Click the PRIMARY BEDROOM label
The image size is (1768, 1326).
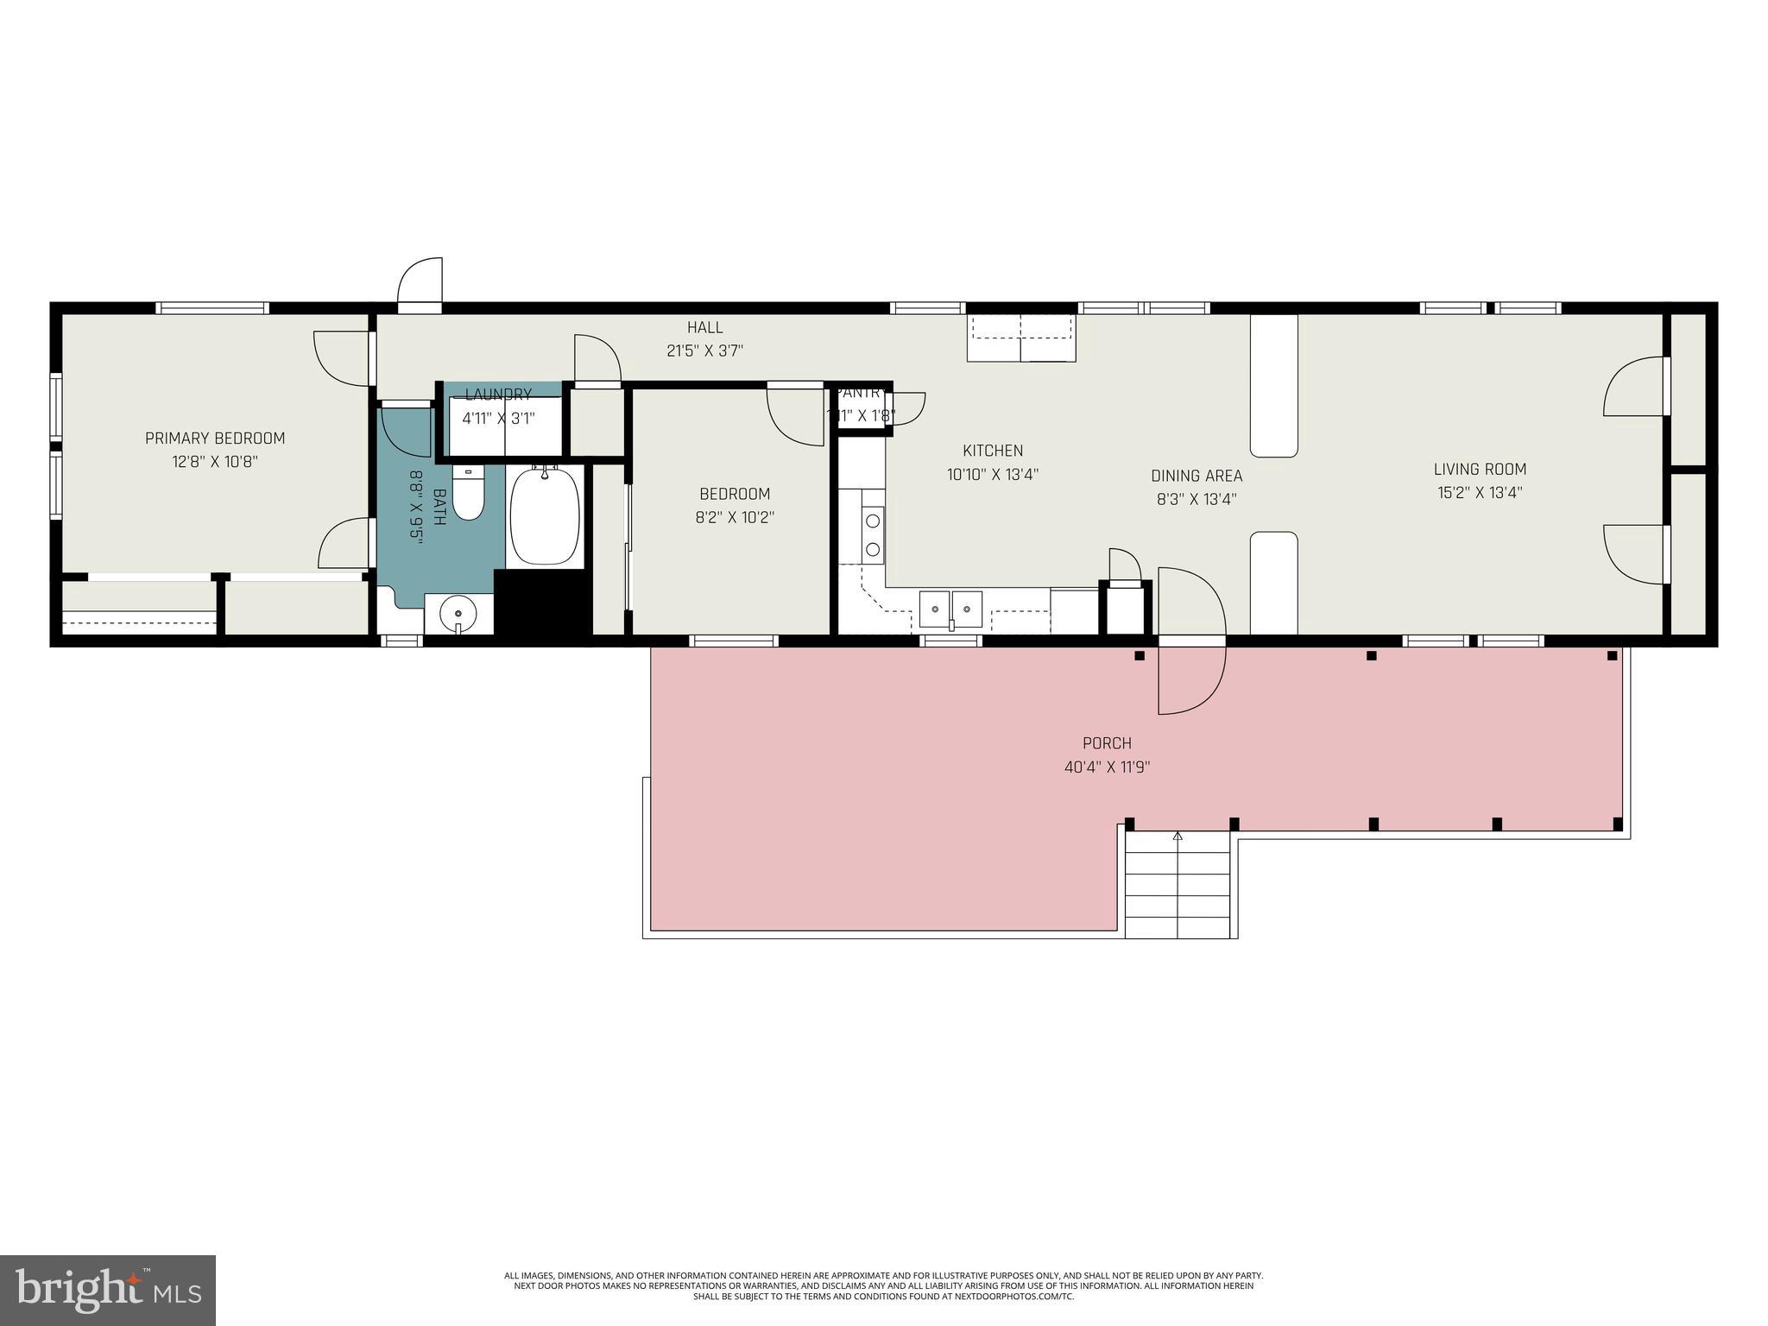(x=214, y=439)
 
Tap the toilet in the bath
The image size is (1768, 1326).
(x=468, y=495)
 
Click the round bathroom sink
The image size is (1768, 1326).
(x=458, y=613)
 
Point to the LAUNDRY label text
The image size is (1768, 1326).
(x=498, y=395)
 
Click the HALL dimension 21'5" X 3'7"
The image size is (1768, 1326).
(x=704, y=350)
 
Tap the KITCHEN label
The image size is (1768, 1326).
(x=993, y=451)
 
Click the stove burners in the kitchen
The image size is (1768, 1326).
(x=873, y=534)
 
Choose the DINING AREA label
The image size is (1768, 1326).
(x=1197, y=476)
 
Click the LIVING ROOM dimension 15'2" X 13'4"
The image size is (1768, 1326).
(x=1480, y=493)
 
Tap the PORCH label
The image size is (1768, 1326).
(x=1107, y=743)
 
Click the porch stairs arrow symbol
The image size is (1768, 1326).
(x=1178, y=837)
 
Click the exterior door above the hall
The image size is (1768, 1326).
(x=420, y=283)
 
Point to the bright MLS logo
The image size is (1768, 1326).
(x=107, y=1290)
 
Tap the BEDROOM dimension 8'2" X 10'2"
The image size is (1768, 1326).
(x=735, y=518)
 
